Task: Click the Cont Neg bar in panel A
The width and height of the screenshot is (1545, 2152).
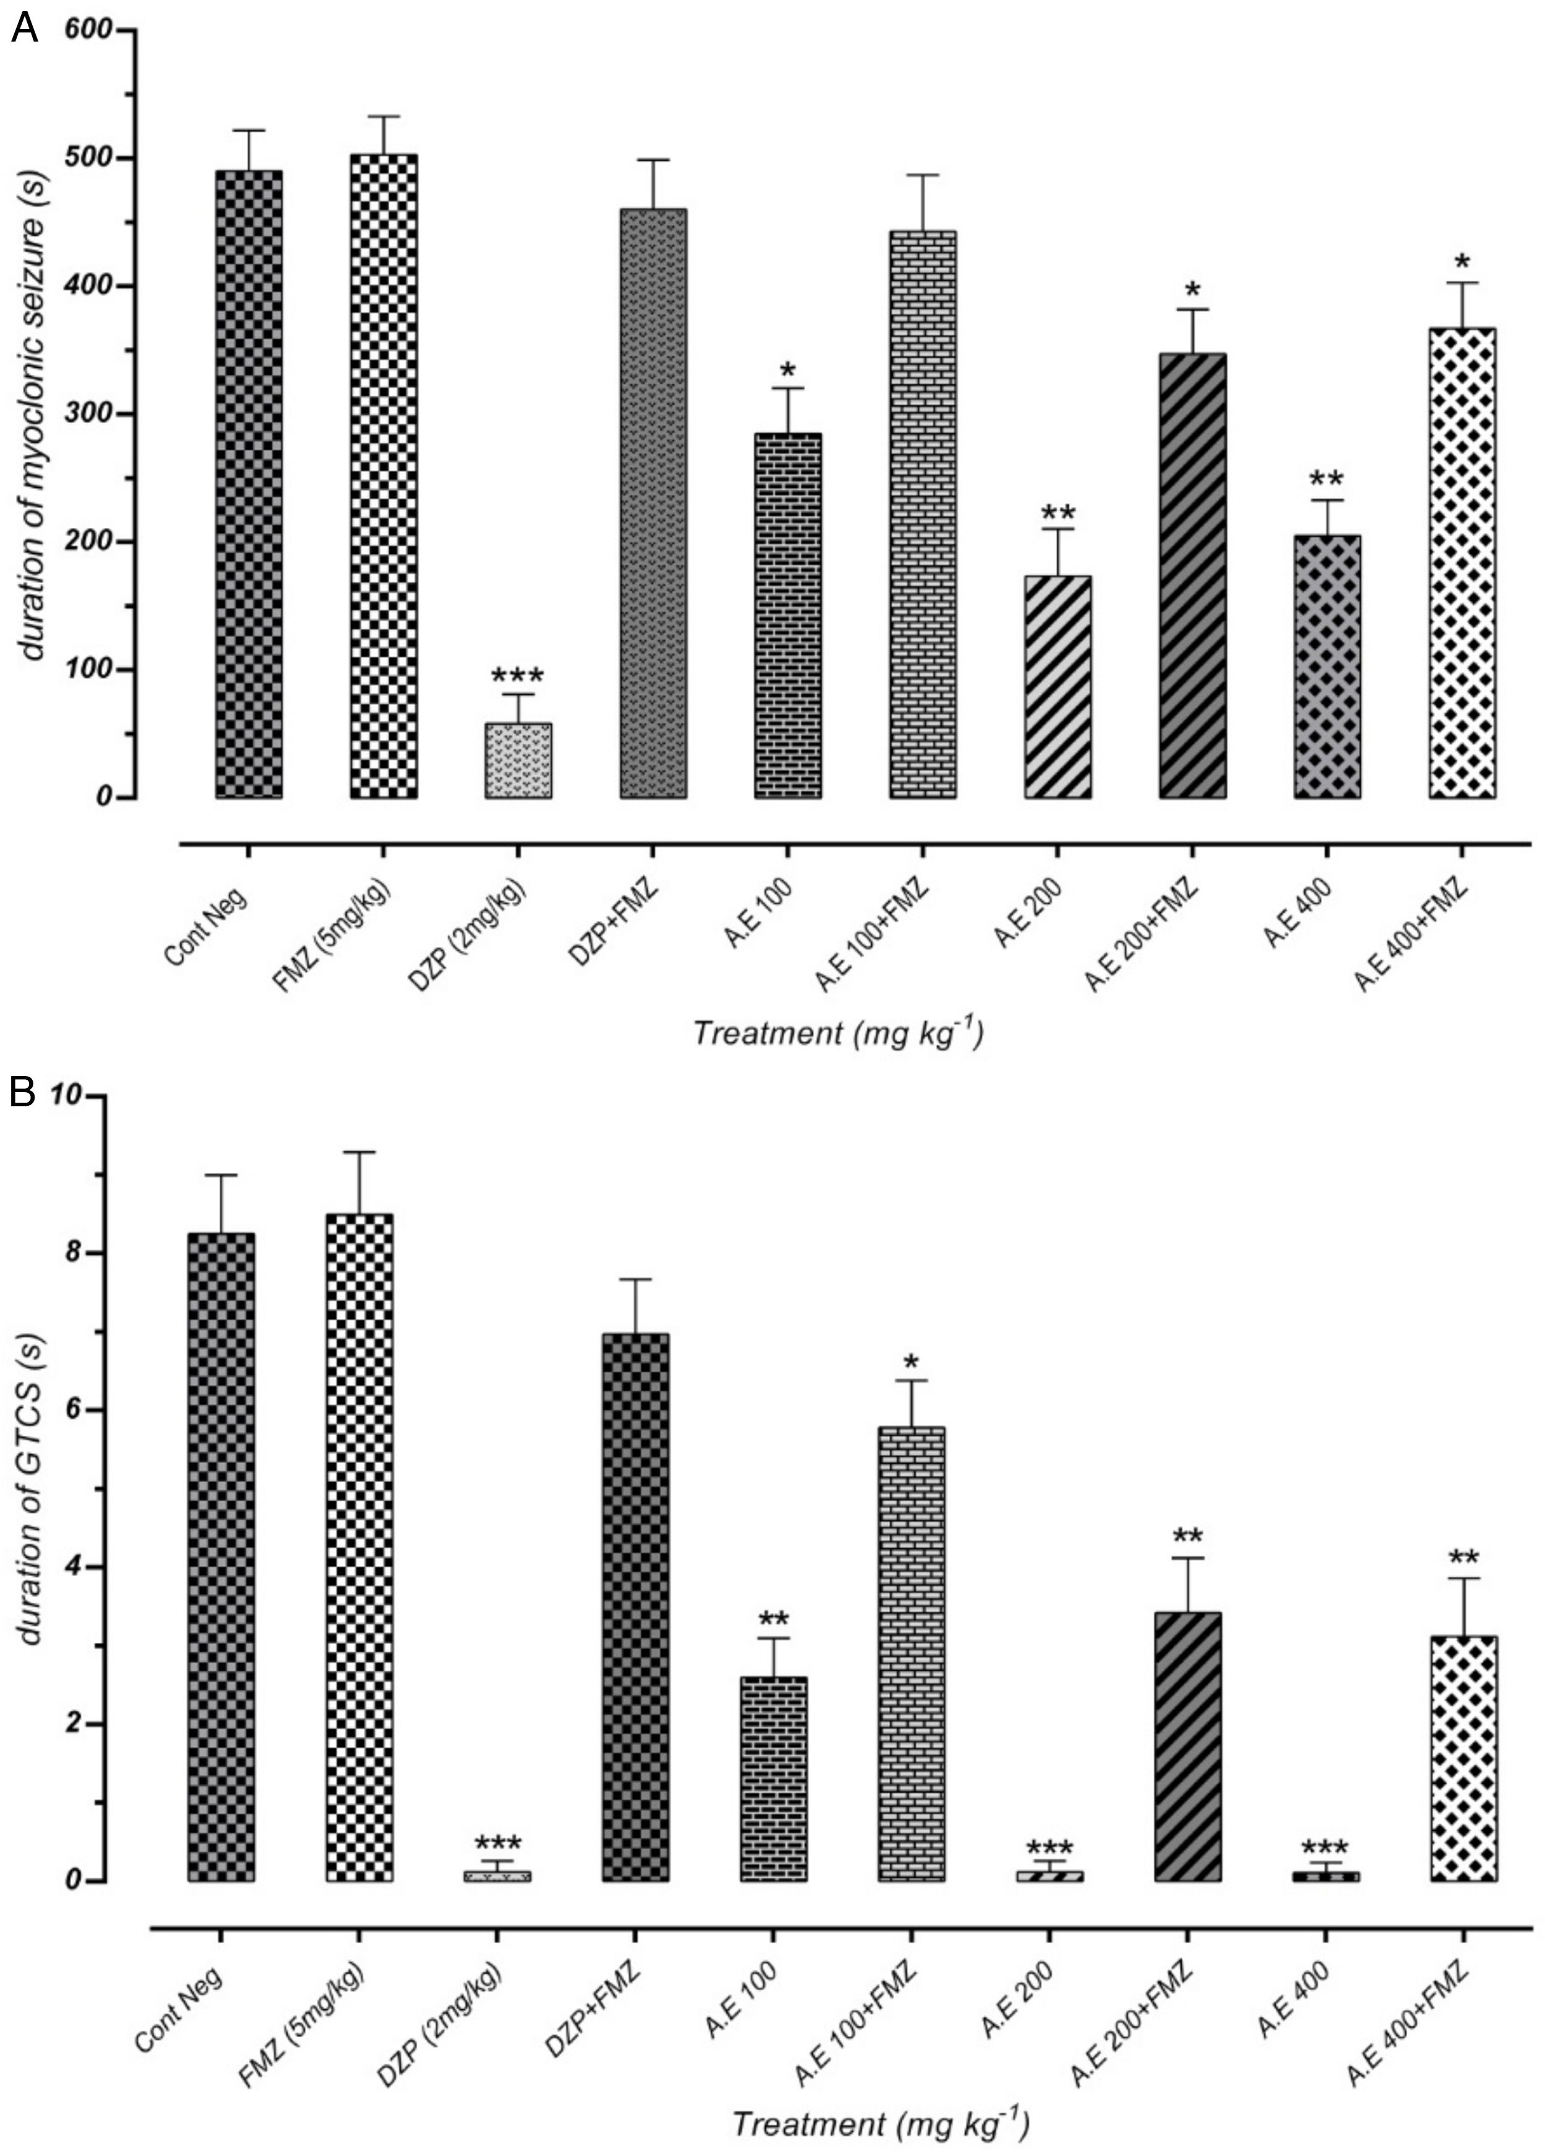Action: tap(248, 484)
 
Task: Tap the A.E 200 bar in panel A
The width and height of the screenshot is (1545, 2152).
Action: tap(1057, 687)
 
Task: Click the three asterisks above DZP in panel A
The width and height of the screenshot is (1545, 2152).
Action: tap(517, 677)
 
